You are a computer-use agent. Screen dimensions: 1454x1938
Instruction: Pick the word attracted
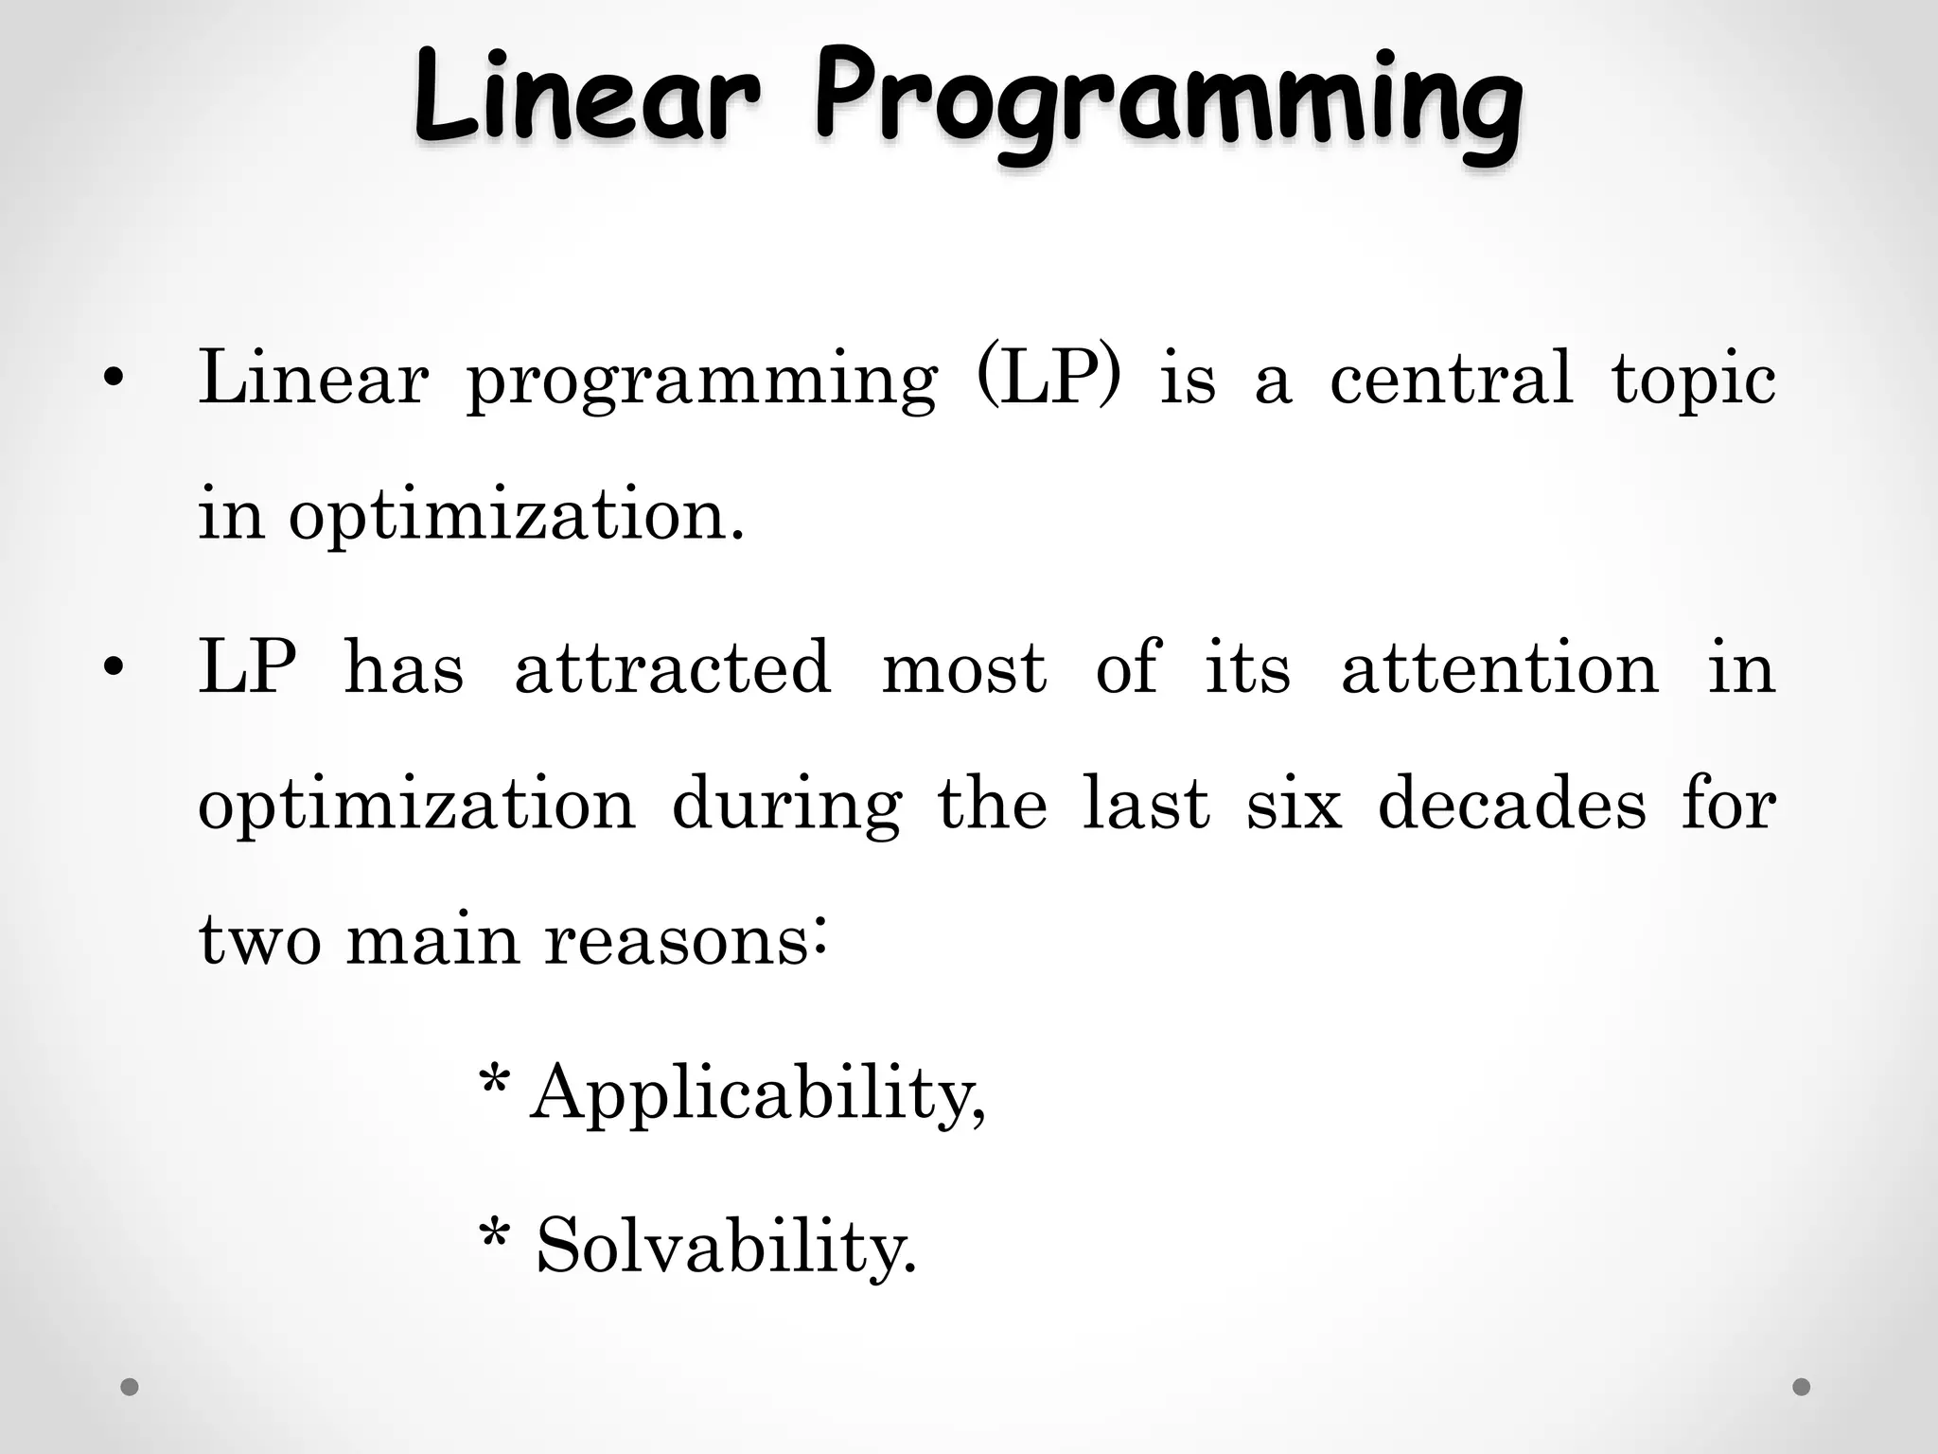click(x=673, y=667)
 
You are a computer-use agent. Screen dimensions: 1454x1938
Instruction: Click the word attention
click(x=1500, y=667)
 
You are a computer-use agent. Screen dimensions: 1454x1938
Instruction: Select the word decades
click(x=1512, y=804)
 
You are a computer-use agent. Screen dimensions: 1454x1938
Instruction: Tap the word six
click(x=1294, y=804)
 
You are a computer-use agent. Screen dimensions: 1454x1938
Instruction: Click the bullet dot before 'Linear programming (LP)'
click(x=114, y=381)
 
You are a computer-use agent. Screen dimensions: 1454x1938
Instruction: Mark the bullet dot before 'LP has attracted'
click(x=114, y=669)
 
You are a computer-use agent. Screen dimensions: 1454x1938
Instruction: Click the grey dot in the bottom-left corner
click(x=130, y=1387)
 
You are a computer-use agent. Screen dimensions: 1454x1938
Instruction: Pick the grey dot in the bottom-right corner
click(x=1802, y=1387)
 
